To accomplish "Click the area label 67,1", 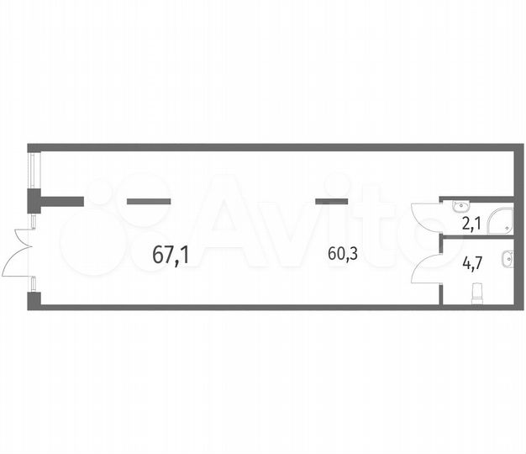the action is coord(171,256).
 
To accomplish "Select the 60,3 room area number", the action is coord(343,254).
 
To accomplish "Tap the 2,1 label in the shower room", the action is coord(472,224).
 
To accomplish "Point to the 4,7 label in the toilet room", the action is coord(472,262).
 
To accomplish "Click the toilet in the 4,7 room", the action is coord(477,294).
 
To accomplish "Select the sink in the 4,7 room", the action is coord(508,260).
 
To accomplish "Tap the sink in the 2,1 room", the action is coord(460,206).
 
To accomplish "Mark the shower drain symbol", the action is coord(507,228).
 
